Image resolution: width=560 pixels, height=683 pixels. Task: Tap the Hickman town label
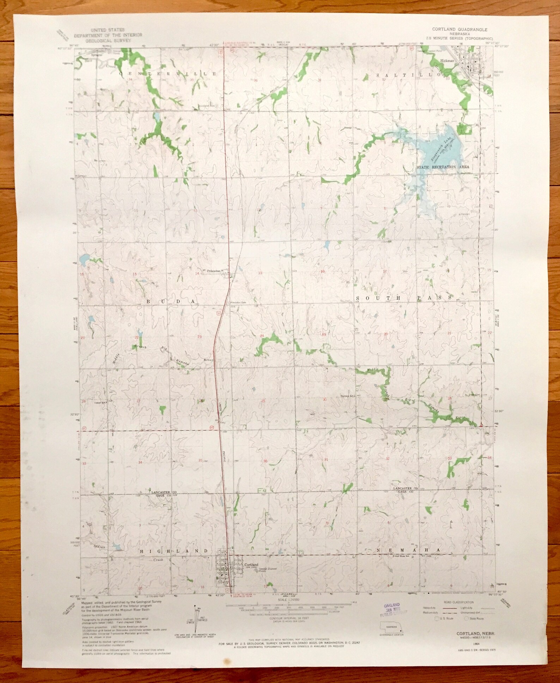pyautogui.click(x=456, y=61)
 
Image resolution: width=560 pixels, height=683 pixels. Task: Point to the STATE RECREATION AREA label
pyautogui.click(x=443, y=167)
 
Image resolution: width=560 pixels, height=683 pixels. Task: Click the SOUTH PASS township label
pyautogui.click(x=404, y=298)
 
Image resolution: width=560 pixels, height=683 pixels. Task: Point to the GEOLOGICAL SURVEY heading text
pyautogui.click(x=108, y=40)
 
